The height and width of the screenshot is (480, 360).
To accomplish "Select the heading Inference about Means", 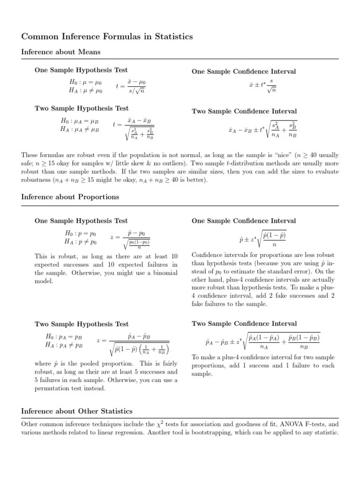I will (61, 52).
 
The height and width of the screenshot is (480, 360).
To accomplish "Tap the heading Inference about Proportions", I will (70, 197).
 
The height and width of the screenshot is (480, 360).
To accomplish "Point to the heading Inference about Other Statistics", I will (77, 411).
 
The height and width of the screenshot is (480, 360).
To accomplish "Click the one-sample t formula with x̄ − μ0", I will (131, 86).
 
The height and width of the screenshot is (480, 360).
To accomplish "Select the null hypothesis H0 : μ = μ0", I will (85, 82).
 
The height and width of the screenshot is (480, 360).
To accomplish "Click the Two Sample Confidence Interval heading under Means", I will (244, 111).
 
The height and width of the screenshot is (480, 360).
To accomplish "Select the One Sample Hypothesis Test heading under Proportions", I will (81, 221).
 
